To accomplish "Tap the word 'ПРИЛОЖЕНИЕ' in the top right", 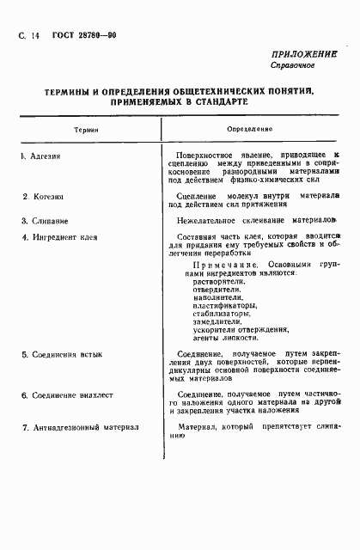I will tap(302, 52).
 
